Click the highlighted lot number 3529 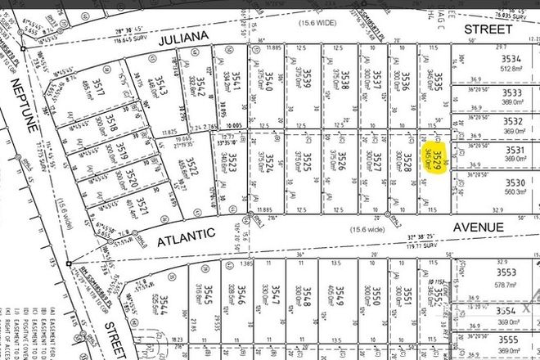[438, 157]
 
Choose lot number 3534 [511, 59]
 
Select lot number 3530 [513, 182]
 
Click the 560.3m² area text [513, 193]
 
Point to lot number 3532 [512, 120]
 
